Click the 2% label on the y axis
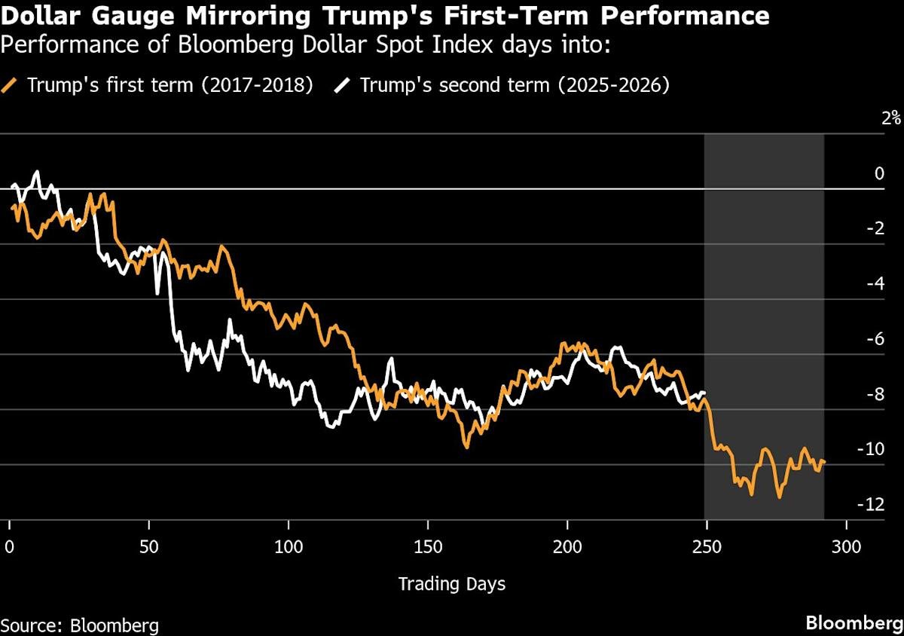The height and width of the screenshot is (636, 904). click(891, 118)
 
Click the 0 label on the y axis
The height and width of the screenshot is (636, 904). click(879, 173)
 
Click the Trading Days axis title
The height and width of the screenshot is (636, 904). click(451, 583)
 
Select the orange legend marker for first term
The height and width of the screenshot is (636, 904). click(11, 85)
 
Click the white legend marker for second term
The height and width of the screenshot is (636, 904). click(344, 85)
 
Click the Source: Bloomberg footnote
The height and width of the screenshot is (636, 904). click(80, 625)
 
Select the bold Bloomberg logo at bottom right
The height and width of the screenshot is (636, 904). click(853, 623)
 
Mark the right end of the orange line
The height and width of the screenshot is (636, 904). click(825, 461)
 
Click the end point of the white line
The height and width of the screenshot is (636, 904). click(705, 393)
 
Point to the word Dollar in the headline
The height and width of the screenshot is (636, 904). click(38, 15)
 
